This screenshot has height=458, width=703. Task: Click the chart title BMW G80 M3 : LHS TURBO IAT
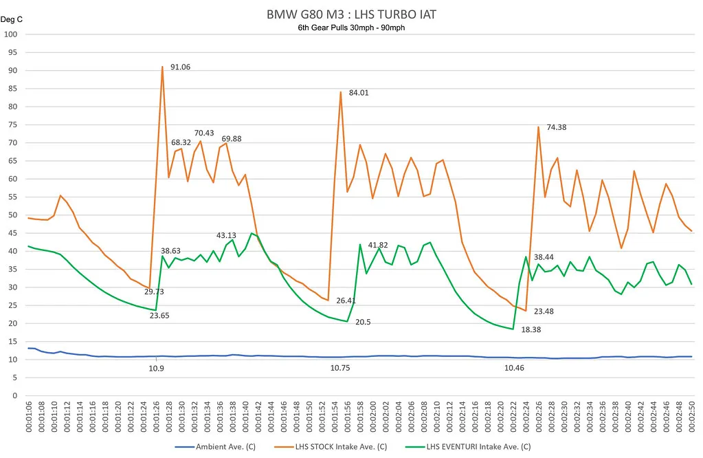tap(352, 14)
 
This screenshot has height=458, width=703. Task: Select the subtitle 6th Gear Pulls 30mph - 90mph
tap(352, 28)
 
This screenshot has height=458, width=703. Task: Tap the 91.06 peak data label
tap(180, 67)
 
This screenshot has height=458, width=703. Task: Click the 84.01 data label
tap(359, 92)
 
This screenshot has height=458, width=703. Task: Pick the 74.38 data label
tap(557, 127)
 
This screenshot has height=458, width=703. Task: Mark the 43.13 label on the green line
tap(227, 235)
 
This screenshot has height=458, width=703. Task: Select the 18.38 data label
tap(531, 330)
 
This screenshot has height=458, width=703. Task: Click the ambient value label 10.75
tap(340, 369)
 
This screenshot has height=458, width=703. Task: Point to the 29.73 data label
tap(154, 292)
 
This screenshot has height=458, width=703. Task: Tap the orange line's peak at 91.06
tap(162, 67)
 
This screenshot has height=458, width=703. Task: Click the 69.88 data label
tap(231, 139)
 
